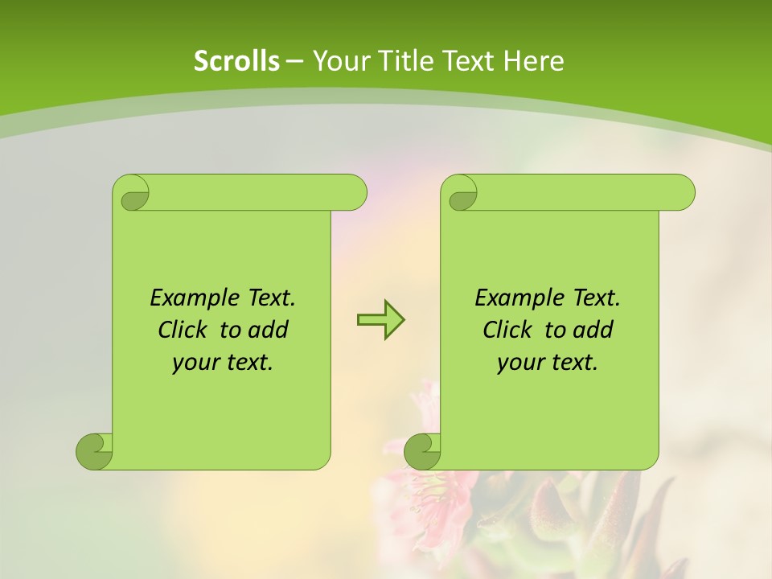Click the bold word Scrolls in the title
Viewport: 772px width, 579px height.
pos(236,61)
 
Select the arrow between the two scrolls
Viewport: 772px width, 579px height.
pos(380,320)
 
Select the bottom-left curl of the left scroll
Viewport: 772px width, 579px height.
pos(94,451)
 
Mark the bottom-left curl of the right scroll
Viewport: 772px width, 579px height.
pos(422,451)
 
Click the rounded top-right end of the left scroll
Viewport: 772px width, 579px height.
pos(354,192)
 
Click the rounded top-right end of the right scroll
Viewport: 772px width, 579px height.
pos(682,192)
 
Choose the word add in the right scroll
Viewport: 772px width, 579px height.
pos(593,331)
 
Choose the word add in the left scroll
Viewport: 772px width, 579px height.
pos(268,331)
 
